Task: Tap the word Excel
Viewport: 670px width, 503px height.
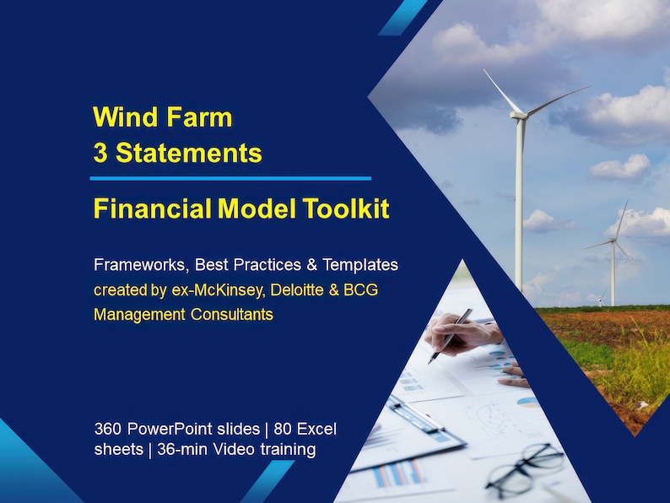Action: pos(315,430)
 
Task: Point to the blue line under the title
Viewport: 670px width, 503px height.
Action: pos(230,178)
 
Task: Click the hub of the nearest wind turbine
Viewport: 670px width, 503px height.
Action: pos(521,116)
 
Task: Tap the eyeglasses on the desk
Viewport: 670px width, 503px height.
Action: pos(524,468)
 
